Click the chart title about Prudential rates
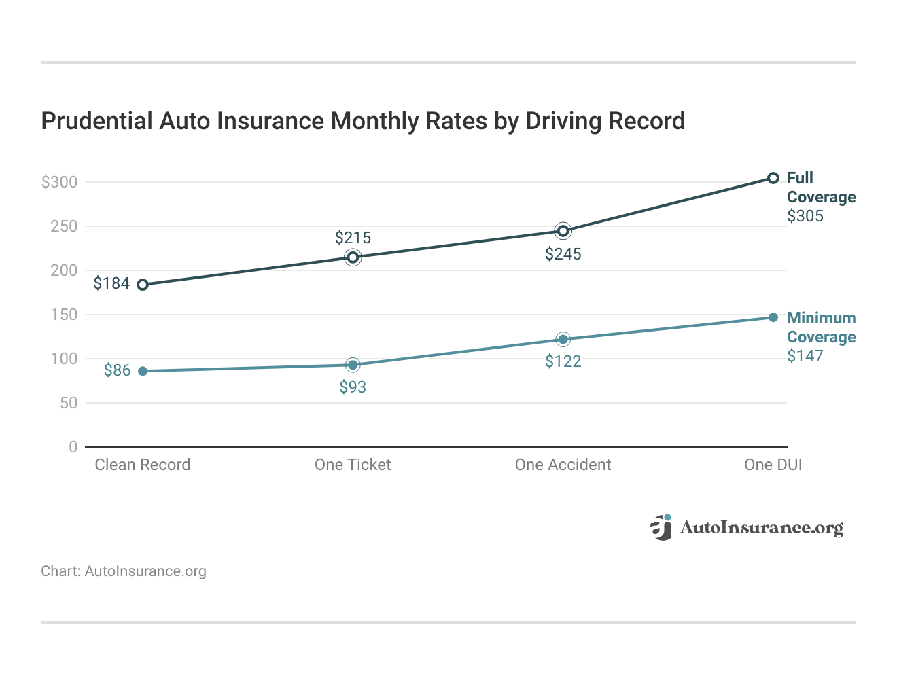pos(363,121)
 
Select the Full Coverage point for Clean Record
pos(143,285)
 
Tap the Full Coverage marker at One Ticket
pos(353,257)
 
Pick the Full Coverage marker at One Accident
pos(563,231)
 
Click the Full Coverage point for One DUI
pos(773,178)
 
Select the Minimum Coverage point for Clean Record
pos(143,371)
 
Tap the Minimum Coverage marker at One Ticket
pos(353,365)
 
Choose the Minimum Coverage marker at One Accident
pos(563,340)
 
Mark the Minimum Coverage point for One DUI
pos(773,317)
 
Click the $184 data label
pos(111,283)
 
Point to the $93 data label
pos(353,387)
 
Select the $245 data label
pos(563,254)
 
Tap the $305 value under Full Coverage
pos(805,216)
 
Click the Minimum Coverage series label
pos(821,327)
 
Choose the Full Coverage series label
pos(821,188)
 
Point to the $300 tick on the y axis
pos(60,182)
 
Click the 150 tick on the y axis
pos(64,315)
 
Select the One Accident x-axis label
pos(563,465)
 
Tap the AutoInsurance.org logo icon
pos(661,527)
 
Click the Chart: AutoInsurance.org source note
pos(124,571)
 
